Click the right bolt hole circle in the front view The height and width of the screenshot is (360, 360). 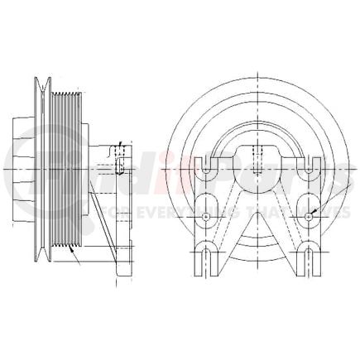tap(308, 216)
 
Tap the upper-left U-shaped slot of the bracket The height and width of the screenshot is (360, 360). tap(204, 167)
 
